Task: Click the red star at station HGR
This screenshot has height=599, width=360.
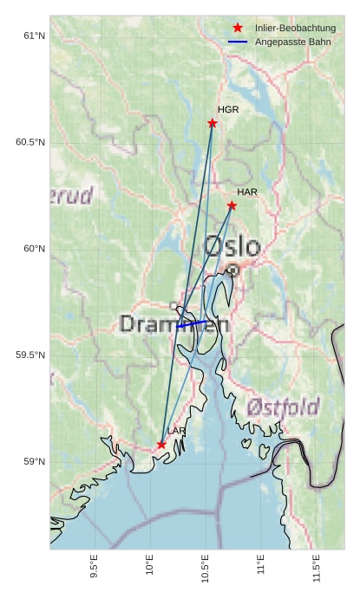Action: [x=213, y=123]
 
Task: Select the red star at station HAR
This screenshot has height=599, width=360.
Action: [x=232, y=205]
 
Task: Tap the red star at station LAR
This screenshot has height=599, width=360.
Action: [x=161, y=445]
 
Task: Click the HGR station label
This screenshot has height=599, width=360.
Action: [x=228, y=110]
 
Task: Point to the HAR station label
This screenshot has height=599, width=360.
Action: [x=247, y=192]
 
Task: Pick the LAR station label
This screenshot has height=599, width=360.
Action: [x=176, y=431]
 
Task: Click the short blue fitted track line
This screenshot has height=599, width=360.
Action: [x=192, y=324]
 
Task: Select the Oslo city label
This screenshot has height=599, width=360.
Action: [x=232, y=246]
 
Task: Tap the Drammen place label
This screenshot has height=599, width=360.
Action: [x=173, y=325]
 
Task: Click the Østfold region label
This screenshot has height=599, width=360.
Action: [x=283, y=407]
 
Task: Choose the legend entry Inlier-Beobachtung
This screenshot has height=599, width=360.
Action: [x=295, y=29]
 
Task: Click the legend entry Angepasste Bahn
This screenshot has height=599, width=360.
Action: [x=292, y=42]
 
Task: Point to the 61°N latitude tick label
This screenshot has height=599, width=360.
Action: [x=33, y=36]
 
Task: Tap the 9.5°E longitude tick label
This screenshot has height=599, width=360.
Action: [x=94, y=567]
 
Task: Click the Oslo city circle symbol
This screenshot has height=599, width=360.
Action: [x=232, y=270]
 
